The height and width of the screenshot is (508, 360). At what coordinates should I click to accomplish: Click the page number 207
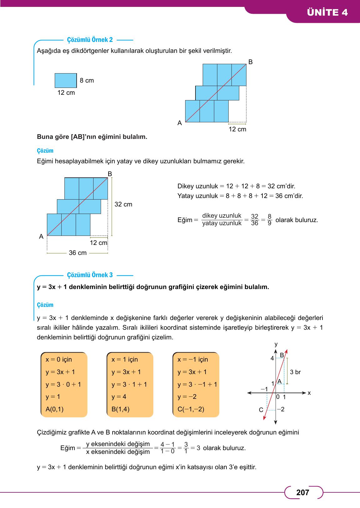point(302,493)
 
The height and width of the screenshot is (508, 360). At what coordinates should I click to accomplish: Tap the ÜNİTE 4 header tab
point(327,13)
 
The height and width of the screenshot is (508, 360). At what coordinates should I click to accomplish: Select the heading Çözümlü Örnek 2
point(90,40)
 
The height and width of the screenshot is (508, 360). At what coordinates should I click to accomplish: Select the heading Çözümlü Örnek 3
point(90,275)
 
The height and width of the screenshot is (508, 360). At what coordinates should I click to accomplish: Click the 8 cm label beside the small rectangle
point(87,80)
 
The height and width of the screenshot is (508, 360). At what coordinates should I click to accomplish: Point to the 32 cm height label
point(123,204)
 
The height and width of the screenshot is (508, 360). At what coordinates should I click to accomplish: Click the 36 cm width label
point(78,253)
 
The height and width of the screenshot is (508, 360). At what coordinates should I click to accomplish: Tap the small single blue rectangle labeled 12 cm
point(66,80)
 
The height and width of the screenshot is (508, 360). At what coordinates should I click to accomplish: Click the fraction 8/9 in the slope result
point(269,220)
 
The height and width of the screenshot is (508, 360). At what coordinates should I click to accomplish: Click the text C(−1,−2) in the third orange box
point(191,409)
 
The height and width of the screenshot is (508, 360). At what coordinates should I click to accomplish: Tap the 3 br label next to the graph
point(295,372)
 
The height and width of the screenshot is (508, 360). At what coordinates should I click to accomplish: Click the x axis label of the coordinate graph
point(309,393)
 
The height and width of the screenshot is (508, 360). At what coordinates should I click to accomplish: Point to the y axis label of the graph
point(276,344)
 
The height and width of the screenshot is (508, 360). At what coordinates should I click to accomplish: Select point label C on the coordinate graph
point(261,410)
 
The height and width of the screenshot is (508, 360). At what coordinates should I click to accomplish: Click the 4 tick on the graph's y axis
point(272,358)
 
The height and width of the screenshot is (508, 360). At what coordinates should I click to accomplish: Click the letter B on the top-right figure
point(250,62)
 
